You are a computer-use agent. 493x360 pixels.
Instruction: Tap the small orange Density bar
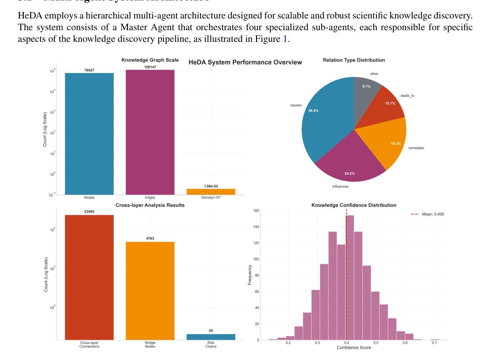click(211, 192)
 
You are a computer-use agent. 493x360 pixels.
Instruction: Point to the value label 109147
click(150, 67)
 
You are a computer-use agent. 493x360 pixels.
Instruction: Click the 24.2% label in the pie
click(349, 174)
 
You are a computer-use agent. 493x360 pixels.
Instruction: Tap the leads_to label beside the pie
click(407, 96)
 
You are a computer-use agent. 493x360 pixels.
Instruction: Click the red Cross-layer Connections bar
click(89, 277)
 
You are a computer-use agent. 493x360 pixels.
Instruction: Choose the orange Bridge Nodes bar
click(150, 291)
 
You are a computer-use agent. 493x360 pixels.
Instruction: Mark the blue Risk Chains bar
click(211, 337)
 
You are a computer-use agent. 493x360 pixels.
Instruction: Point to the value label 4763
click(150, 238)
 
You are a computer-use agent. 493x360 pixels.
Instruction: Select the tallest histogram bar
click(350, 277)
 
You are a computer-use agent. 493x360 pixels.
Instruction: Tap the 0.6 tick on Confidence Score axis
click(405, 343)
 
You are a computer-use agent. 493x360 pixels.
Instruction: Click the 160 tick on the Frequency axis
click(256, 210)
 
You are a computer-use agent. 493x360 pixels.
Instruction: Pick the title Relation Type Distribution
click(354, 60)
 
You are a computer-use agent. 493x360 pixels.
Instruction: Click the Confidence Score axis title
click(354, 348)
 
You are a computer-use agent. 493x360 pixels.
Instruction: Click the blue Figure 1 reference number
click(285, 39)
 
